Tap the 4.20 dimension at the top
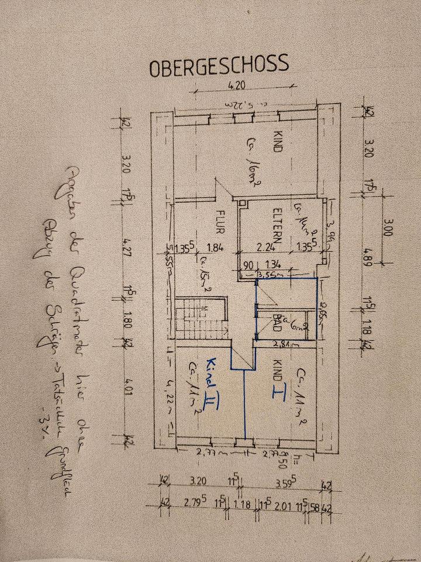237,85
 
